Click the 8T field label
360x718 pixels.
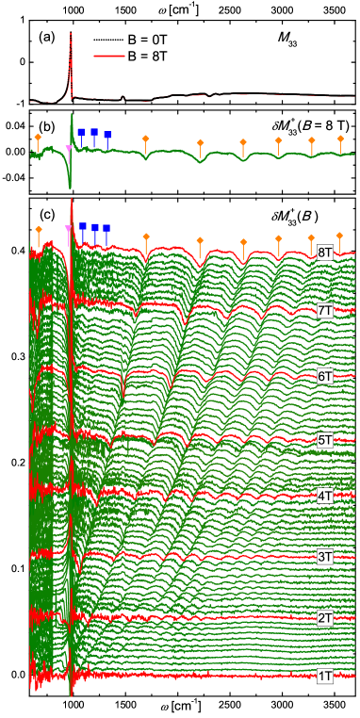click(x=325, y=253)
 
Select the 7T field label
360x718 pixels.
click(x=325, y=311)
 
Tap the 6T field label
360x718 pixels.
click(x=325, y=376)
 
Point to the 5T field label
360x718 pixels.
click(x=325, y=440)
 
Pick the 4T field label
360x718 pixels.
click(x=325, y=496)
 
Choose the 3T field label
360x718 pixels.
click(x=325, y=557)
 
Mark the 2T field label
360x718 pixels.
click(x=325, y=618)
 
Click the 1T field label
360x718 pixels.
click(x=325, y=676)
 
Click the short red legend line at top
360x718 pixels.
click(x=109, y=56)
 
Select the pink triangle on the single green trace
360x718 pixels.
click(x=68, y=149)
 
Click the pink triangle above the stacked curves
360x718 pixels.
click(x=68, y=229)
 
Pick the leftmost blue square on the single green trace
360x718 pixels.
click(x=81, y=132)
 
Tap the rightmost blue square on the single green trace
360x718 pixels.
click(x=107, y=136)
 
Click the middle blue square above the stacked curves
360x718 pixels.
click(x=95, y=228)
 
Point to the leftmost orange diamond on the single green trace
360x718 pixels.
click(x=38, y=138)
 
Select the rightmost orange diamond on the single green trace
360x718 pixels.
click(x=340, y=139)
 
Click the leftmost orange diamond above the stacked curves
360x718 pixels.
click(x=38, y=229)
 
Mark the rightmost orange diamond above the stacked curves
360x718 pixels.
click(x=339, y=236)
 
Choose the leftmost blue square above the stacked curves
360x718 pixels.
click(x=83, y=226)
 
